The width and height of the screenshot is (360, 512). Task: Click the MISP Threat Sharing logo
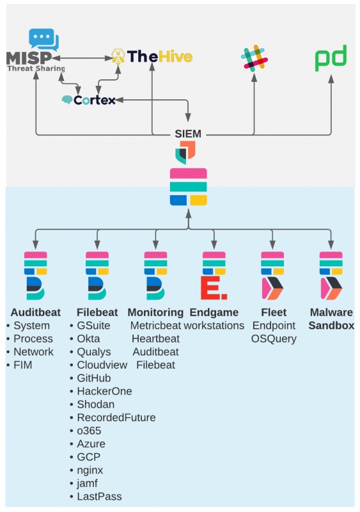[35, 51]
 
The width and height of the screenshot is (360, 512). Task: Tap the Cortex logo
[88, 100]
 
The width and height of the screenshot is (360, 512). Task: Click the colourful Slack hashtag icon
[254, 58]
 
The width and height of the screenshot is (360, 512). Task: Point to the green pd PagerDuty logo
[331, 58]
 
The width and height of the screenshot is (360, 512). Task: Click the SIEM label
[188, 134]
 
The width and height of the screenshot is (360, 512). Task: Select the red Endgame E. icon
[214, 287]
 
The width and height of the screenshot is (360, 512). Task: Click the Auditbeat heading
[36, 312]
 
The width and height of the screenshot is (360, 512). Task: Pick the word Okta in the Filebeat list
[88, 339]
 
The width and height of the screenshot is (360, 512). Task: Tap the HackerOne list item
[104, 391]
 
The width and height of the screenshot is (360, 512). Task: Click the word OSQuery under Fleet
[274, 339]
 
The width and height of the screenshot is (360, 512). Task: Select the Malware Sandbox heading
[331, 319]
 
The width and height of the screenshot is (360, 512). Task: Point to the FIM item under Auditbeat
[23, 365]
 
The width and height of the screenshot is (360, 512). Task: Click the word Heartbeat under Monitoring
[155, 339]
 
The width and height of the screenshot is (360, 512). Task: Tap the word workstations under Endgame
[214, 326]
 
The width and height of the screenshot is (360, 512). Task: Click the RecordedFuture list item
[116, 417]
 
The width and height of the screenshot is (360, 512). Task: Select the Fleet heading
[274, 312]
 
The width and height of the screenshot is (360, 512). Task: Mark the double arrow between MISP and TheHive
[83, 58]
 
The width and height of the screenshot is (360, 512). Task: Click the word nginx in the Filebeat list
[90, 470]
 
